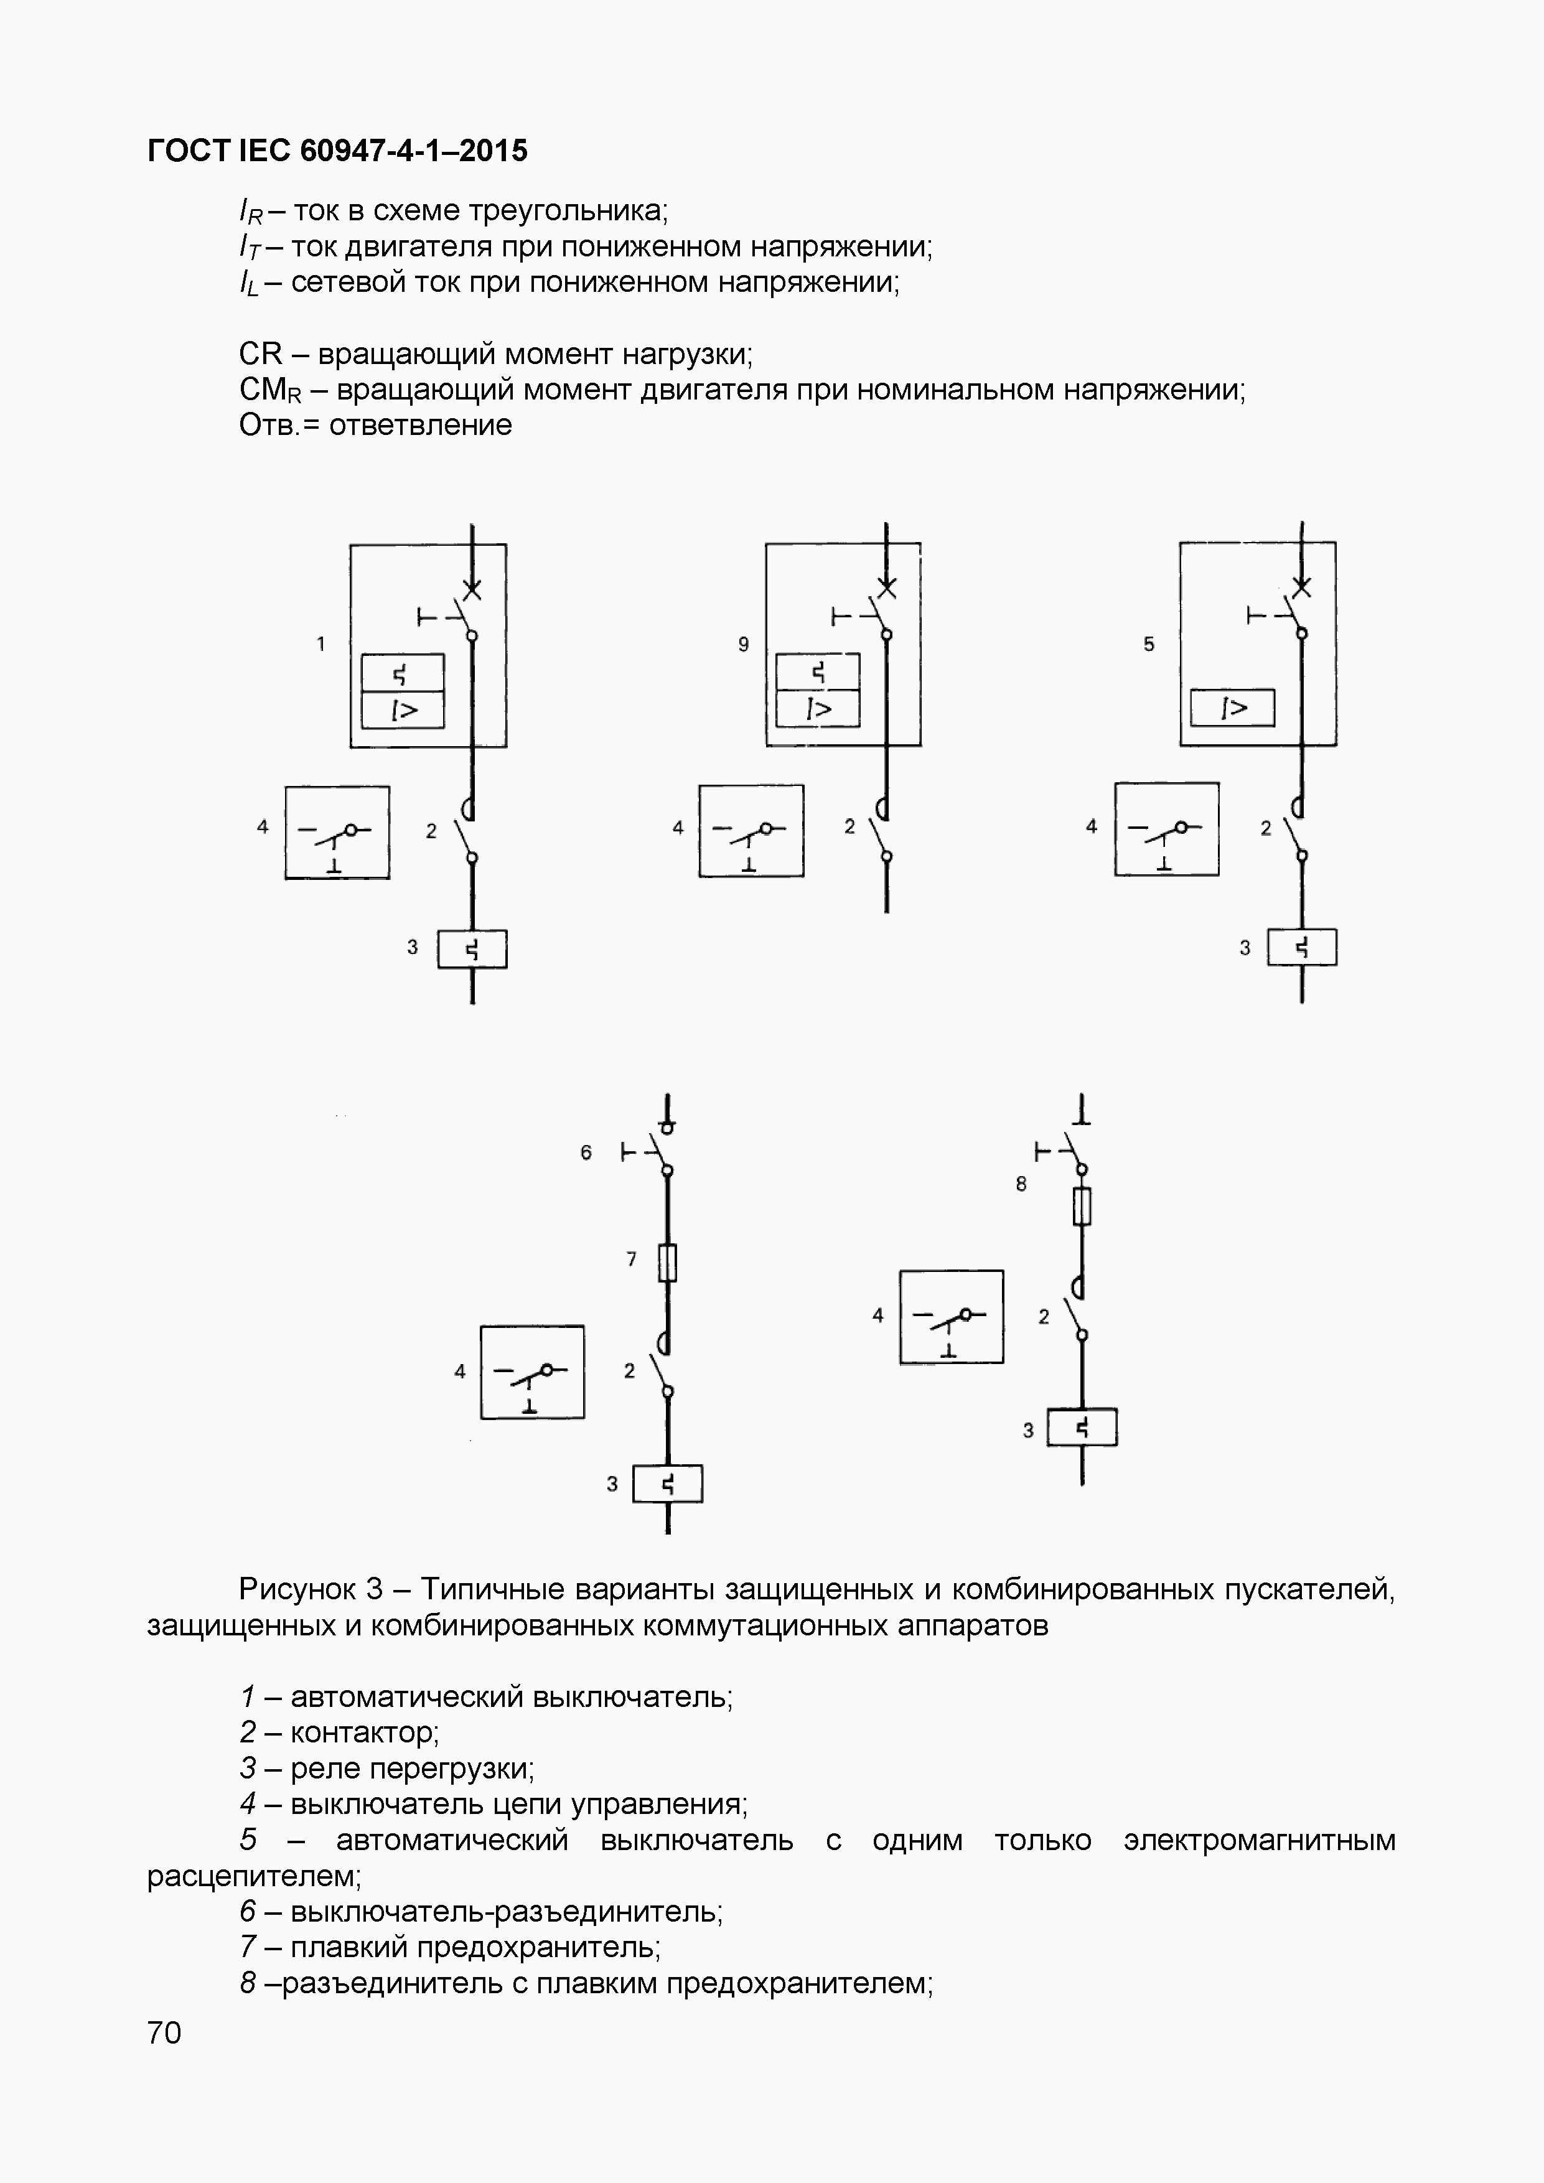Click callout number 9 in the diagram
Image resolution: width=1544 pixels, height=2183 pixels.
[744, 645]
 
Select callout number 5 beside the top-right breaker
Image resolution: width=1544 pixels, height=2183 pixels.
[1148, 645]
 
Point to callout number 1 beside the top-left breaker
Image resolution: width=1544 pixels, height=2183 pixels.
[321, 645]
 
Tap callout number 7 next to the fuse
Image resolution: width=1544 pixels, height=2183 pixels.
[631, 1259]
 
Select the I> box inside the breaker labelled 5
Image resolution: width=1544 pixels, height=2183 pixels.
[1232, 708]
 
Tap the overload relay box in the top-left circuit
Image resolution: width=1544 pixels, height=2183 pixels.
[472, 949]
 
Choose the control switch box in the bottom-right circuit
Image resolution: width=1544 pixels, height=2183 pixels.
[951, 1317]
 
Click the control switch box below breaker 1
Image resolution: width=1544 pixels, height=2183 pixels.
[337, 832]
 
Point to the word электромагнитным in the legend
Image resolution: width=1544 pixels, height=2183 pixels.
[1259, 1839]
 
